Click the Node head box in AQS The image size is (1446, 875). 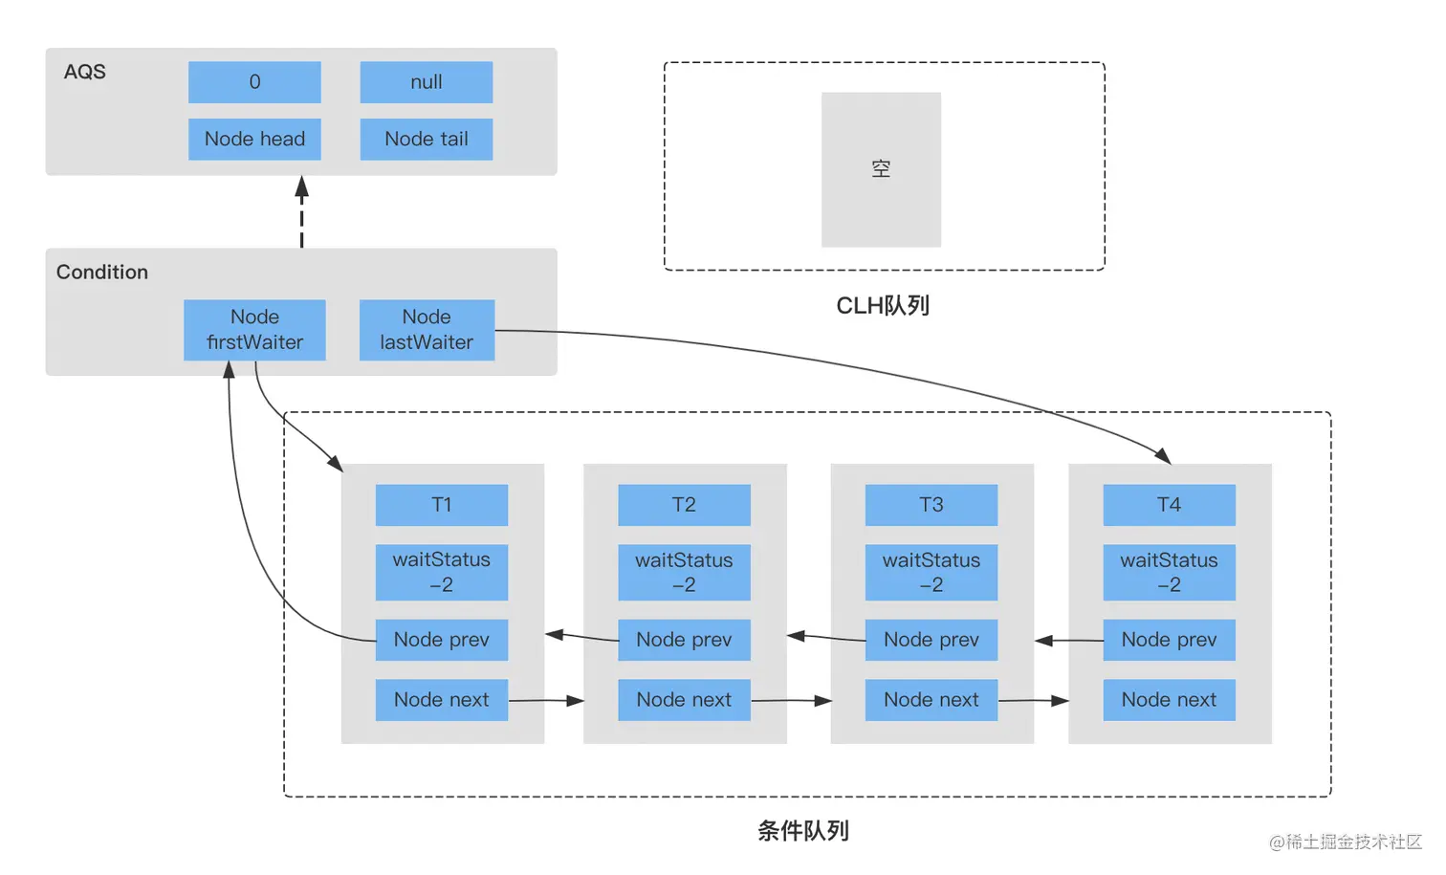coord(254,140)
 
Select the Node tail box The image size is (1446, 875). coord(427,140)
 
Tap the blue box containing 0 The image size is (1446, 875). coord(254,82)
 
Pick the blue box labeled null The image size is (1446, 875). coord(427,82)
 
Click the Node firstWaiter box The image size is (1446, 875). coord(254,330)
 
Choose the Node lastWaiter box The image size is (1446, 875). coord(427,330)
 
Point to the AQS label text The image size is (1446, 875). coord(84,73)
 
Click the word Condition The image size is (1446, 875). coord(102,273)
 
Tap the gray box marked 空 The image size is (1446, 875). coord(881,169)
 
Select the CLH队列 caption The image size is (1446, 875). coord(883,306)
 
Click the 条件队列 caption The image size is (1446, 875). coord(803,831)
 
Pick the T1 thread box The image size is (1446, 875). coord(441,505)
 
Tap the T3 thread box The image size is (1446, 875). coord(931,505)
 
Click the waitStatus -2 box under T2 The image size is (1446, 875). coord(684,572)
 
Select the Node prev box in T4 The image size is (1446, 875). coord(1169,640)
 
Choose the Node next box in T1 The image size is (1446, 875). coord(441,700)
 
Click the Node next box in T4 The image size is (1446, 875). coord(1169,700)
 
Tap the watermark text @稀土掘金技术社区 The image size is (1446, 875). coord(1346,842)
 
